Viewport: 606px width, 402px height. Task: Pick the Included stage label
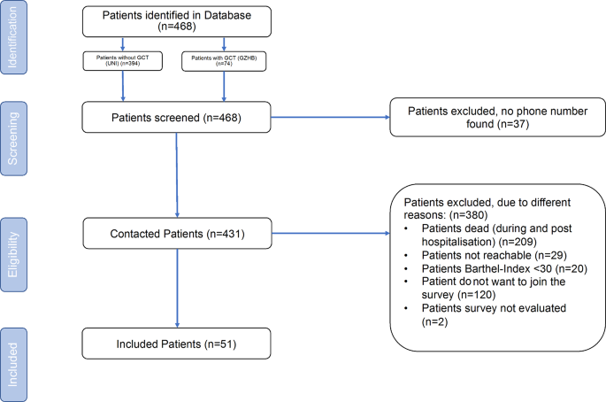14,364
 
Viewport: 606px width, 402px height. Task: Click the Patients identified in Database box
177,21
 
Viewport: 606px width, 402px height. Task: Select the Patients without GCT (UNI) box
123,62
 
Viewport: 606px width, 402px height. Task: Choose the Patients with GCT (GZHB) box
225,62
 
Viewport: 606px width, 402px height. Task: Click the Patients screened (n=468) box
177,117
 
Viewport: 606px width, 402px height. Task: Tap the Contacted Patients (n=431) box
177,235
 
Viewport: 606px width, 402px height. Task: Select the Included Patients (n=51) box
177,344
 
